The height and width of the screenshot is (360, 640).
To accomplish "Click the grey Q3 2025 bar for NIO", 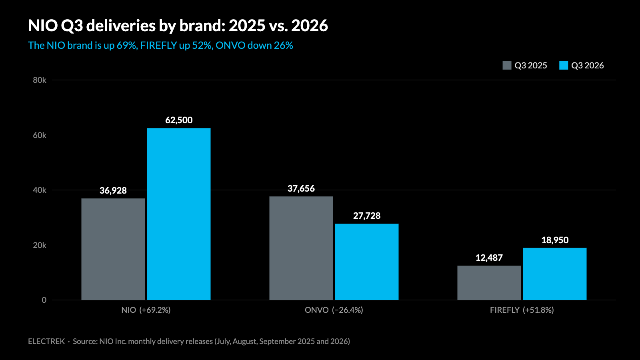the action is coord(113,249).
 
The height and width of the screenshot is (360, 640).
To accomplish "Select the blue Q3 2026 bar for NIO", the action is coord(179,214).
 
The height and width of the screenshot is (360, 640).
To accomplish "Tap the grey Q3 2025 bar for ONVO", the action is coord(301,248).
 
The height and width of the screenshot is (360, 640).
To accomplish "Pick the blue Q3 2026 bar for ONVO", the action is coord(367,262).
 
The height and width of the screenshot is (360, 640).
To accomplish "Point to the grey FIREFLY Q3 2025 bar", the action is coord(489,283).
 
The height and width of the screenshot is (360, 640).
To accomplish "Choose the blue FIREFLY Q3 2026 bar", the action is coord(555,274).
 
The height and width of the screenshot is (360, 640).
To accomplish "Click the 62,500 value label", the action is coord(179,120).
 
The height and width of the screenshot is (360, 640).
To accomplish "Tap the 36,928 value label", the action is coord(113,190).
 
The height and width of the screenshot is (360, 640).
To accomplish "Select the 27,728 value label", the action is coord(367,216).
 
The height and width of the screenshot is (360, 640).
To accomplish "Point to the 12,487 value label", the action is coord(489,258).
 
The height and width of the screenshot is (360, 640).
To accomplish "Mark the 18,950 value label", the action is coord(555,240).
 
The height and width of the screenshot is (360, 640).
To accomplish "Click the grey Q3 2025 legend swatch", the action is coord(507,65).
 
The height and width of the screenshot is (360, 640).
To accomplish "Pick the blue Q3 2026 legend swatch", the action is coord(564,65).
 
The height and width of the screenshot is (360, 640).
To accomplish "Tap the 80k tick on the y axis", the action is coord(40,80).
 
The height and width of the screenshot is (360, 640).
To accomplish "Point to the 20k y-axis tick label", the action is coord(40,245).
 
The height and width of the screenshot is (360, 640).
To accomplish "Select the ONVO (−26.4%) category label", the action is coord(334,310).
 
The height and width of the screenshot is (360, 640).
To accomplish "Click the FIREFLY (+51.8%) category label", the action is coord(522,310).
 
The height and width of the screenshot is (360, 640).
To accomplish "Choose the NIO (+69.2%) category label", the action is coord(146,310).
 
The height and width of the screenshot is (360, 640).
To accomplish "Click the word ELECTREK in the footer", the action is coord(46,342).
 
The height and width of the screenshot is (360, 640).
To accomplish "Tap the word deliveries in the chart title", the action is coord(120,26).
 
